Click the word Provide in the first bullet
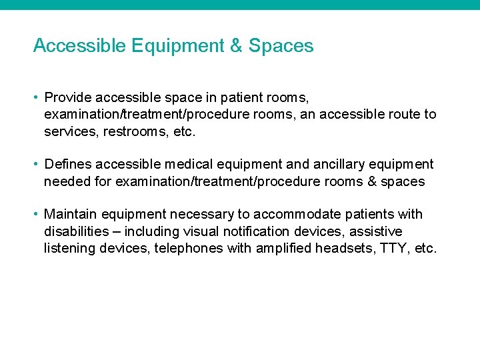[x=68, y=98]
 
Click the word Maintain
[x=71, y=215]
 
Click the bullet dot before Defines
[x=36, y=165]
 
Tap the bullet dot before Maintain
[x=36, y=215]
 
